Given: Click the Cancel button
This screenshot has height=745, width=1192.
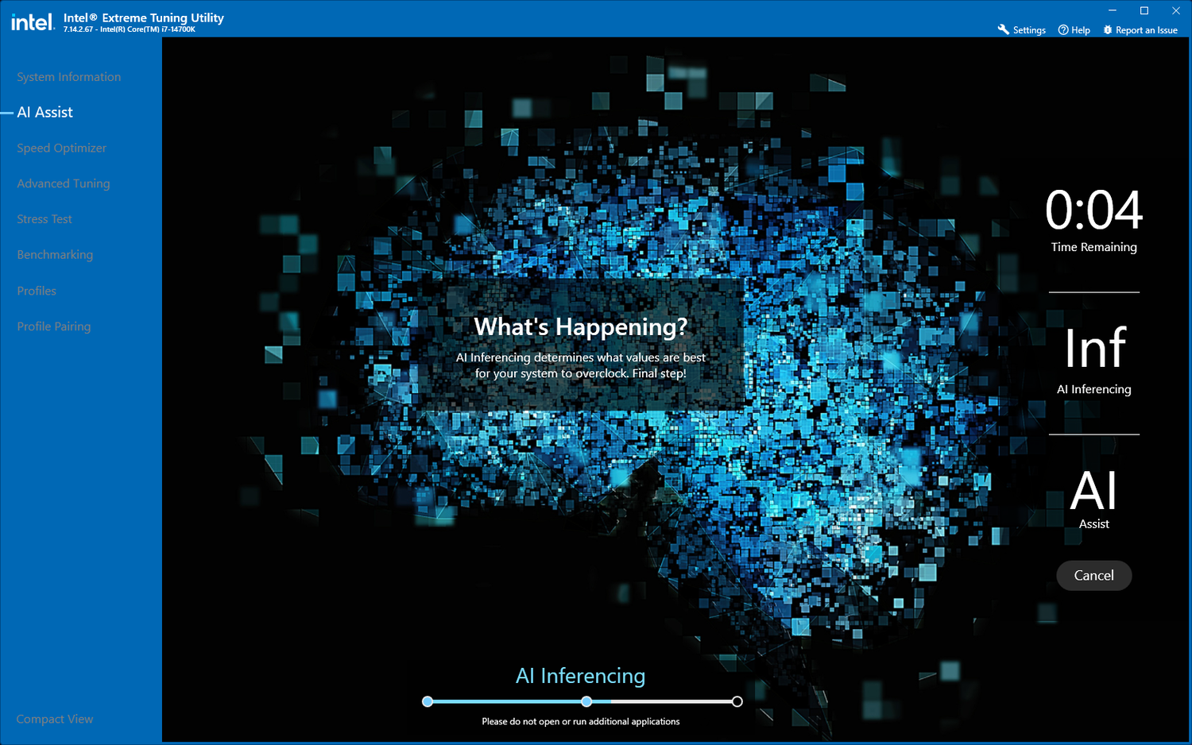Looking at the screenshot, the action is click(x=1093, y=575).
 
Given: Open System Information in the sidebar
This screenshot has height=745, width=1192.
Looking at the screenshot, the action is click(x=68, y=76).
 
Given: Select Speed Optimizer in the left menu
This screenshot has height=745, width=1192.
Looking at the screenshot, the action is click(x=61, y=148).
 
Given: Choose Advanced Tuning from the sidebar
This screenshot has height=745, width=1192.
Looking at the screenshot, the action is click(x=64, y=183).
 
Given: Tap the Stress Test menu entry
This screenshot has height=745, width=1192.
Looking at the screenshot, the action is click(x=45, y=219).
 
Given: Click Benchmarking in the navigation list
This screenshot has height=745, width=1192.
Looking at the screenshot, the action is click(x=55, y=255).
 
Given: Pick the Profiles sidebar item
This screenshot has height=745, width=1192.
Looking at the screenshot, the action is click(x=37, y=291).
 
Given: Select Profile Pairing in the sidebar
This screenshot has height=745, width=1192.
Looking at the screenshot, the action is click(x=54, y=326).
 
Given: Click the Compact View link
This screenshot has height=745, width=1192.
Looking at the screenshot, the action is click(x=54, y=719).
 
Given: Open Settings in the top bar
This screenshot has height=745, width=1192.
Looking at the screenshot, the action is click(x=1022, y=29).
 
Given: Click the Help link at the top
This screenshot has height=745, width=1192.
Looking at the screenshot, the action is click(x=1074, y=29).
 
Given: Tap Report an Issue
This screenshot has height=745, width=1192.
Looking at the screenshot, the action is click(x=1140, y=29).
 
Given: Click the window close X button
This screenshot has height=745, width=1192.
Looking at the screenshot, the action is click(x=1176, y=10).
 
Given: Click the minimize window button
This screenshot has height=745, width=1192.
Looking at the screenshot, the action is click(x=1113, y=10).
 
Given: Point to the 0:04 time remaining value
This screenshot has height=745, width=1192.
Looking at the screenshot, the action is click(x=1093, y=210).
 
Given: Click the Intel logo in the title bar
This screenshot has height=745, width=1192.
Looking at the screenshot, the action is click(x=33, y=22).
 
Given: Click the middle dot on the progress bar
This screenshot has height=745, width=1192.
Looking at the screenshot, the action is click(x=586, y=701).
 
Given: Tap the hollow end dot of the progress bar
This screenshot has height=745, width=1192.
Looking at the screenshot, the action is click(x=737, y=701).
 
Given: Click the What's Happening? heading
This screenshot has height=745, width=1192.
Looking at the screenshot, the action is click(x=581, y=326).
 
